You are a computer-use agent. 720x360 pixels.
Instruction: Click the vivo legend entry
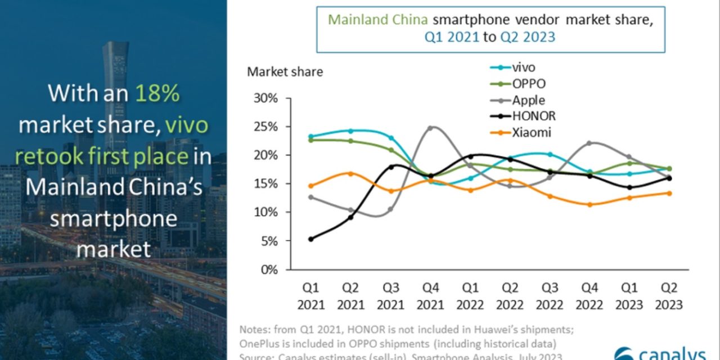523,67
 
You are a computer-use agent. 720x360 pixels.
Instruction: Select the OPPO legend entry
529,84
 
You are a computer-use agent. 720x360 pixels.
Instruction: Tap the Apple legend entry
528,101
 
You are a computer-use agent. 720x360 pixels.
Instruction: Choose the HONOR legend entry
534,116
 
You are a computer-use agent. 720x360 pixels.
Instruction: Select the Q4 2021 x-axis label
430,296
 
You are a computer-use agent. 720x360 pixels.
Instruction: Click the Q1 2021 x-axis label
311,296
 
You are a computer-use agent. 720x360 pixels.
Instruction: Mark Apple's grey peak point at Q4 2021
430,128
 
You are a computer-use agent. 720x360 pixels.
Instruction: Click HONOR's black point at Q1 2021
311,239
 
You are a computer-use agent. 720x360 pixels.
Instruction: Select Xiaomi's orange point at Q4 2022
589,205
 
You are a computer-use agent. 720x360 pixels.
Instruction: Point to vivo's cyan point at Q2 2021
350,130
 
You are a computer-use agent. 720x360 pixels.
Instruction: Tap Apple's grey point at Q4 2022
589,143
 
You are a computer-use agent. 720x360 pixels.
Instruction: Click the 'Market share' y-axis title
285,72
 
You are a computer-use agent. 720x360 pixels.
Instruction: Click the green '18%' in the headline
157,93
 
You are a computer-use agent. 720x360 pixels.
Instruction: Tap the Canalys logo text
664,353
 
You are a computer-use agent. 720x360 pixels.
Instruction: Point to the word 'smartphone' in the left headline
113,218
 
